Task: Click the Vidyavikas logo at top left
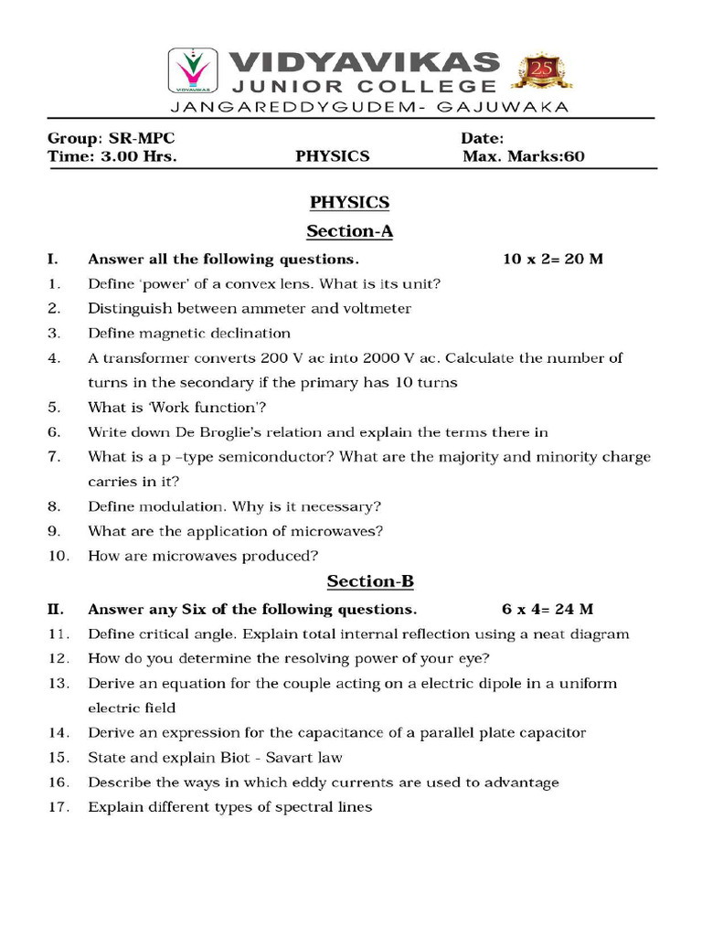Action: coord(193,71)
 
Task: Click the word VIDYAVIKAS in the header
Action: coord(363,62)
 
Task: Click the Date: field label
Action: coord(483,138)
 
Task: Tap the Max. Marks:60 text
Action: coord(523,156)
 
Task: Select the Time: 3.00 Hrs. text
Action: coord(112,156)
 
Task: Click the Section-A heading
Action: coord(349,230)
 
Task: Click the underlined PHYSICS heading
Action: coord(349,202)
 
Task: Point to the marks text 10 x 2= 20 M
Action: coord(553,259)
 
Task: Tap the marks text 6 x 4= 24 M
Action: coord(548,609)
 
